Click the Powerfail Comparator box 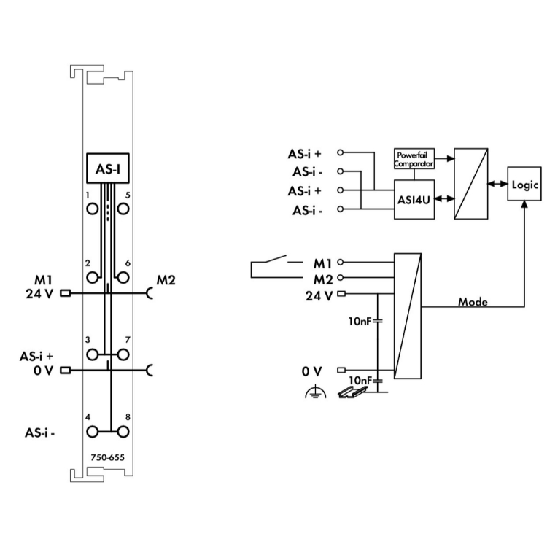414,159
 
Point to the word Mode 473,300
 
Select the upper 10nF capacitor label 361,319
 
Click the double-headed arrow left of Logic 499,185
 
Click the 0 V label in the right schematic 312,371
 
